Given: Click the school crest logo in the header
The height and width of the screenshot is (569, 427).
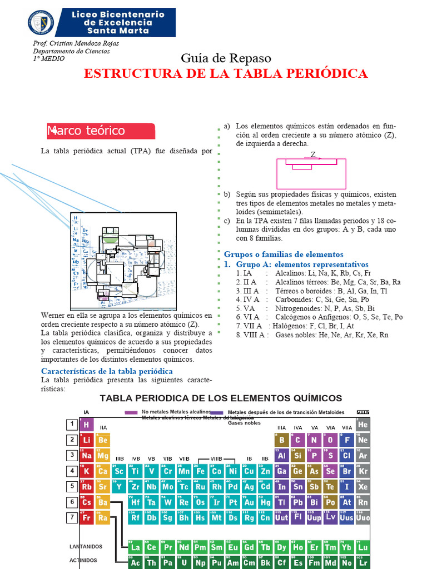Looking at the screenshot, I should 41,22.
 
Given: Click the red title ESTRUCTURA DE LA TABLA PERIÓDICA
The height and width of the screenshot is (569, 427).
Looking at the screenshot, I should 225,73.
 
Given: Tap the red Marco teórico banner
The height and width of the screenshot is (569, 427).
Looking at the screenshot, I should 101,131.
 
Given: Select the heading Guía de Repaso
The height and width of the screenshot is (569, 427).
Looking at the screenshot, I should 226,58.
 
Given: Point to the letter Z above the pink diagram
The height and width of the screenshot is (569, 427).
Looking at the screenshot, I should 313,154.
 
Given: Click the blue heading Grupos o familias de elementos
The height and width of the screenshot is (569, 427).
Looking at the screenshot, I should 284,254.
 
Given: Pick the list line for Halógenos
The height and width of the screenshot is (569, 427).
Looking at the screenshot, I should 295,326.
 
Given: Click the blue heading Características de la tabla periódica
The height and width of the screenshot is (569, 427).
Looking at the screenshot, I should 107,371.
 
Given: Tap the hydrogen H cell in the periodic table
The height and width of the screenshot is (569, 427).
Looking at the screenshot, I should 87,425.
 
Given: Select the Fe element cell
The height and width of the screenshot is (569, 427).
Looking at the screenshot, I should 201,471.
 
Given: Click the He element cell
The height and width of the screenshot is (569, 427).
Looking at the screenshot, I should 363,425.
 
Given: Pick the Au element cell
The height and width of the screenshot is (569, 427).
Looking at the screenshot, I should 250,502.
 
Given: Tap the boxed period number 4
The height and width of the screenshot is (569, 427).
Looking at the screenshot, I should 72,471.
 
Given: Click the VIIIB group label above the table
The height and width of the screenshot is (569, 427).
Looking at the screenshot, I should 216,458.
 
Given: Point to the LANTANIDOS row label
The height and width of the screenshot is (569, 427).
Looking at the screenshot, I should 86,547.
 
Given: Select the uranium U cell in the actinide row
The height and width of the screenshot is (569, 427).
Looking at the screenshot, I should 184,562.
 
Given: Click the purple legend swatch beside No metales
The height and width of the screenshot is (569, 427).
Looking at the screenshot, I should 131,412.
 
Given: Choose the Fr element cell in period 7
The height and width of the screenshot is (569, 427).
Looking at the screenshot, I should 87,518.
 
